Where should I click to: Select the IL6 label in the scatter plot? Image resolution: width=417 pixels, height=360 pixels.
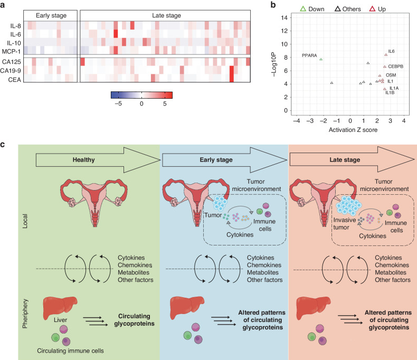(x=392, y=51)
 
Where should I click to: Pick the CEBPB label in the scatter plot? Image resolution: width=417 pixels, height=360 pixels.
(x=396, y=67)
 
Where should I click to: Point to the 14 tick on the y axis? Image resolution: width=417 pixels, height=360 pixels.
(x=285, y=17)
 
